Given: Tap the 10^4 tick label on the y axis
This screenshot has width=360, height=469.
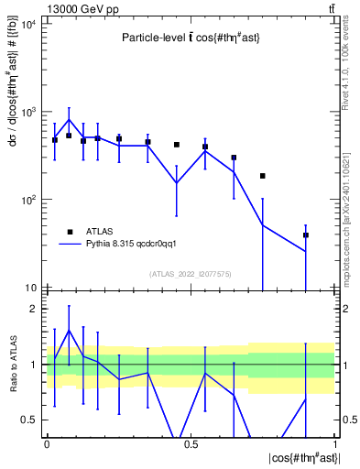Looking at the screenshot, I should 27,24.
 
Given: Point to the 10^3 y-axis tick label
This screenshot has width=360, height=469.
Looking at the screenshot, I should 27,112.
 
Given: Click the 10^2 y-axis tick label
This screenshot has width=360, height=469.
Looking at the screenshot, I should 27,200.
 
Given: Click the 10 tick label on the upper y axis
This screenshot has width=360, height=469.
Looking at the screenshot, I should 31,288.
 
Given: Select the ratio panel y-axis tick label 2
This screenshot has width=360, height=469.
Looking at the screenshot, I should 33,310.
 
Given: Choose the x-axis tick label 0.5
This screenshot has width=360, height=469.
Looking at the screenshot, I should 191,443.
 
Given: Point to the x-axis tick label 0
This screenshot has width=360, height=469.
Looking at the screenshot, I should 47,443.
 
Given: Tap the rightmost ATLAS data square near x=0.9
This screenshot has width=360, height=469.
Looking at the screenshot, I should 306,234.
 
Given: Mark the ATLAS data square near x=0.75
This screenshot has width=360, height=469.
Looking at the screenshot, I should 263,176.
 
